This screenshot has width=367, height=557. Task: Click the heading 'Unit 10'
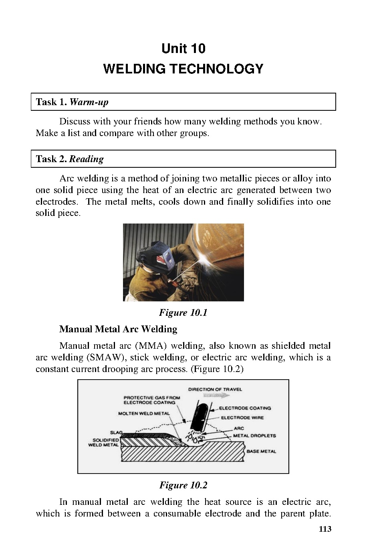tap(183, 49)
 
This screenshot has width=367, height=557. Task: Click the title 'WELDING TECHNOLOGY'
tap(183, 69)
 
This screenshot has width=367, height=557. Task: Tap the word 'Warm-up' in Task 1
tap(89, 102)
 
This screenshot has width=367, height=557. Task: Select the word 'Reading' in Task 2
tap(87, 159)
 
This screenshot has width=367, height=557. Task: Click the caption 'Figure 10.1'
tap(183, 313)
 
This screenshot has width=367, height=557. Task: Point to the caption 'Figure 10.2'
tap(183, 485)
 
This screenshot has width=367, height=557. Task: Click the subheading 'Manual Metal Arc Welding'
tap(118, 329)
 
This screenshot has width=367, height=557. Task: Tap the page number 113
tap(325, 529)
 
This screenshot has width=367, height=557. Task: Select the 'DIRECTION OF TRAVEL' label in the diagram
tap(215, 389)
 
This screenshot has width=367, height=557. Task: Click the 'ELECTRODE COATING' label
tap(245, 408)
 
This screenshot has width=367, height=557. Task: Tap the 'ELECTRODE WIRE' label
tap(242, 418)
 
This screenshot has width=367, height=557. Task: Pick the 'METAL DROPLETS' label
tap(255, 435)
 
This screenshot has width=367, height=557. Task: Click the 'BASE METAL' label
tap(261, 451)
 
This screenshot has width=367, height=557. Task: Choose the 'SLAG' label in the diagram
tap(116, 433)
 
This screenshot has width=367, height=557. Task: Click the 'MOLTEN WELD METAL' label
tap(144, 413)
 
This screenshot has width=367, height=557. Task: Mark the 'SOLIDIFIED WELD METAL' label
tap(103, 442)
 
